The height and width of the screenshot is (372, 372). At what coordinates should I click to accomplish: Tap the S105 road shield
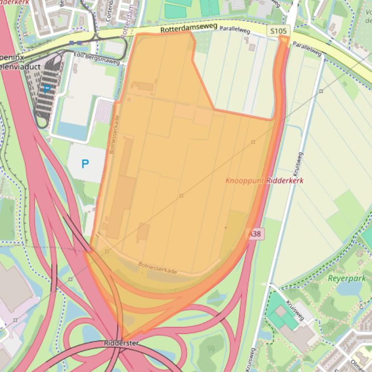click(x=278, y=31)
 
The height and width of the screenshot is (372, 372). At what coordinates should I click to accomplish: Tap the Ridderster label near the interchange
click(x=122, y=343)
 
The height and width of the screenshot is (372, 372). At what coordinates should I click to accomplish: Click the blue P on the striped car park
click(x=47, y=89)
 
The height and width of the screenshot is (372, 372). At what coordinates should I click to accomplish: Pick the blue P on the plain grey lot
click(x=85, y=164)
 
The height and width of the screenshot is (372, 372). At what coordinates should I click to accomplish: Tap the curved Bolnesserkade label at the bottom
click(x=157, y=268)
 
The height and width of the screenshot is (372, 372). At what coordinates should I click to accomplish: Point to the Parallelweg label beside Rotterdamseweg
click(x=235, y=29)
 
